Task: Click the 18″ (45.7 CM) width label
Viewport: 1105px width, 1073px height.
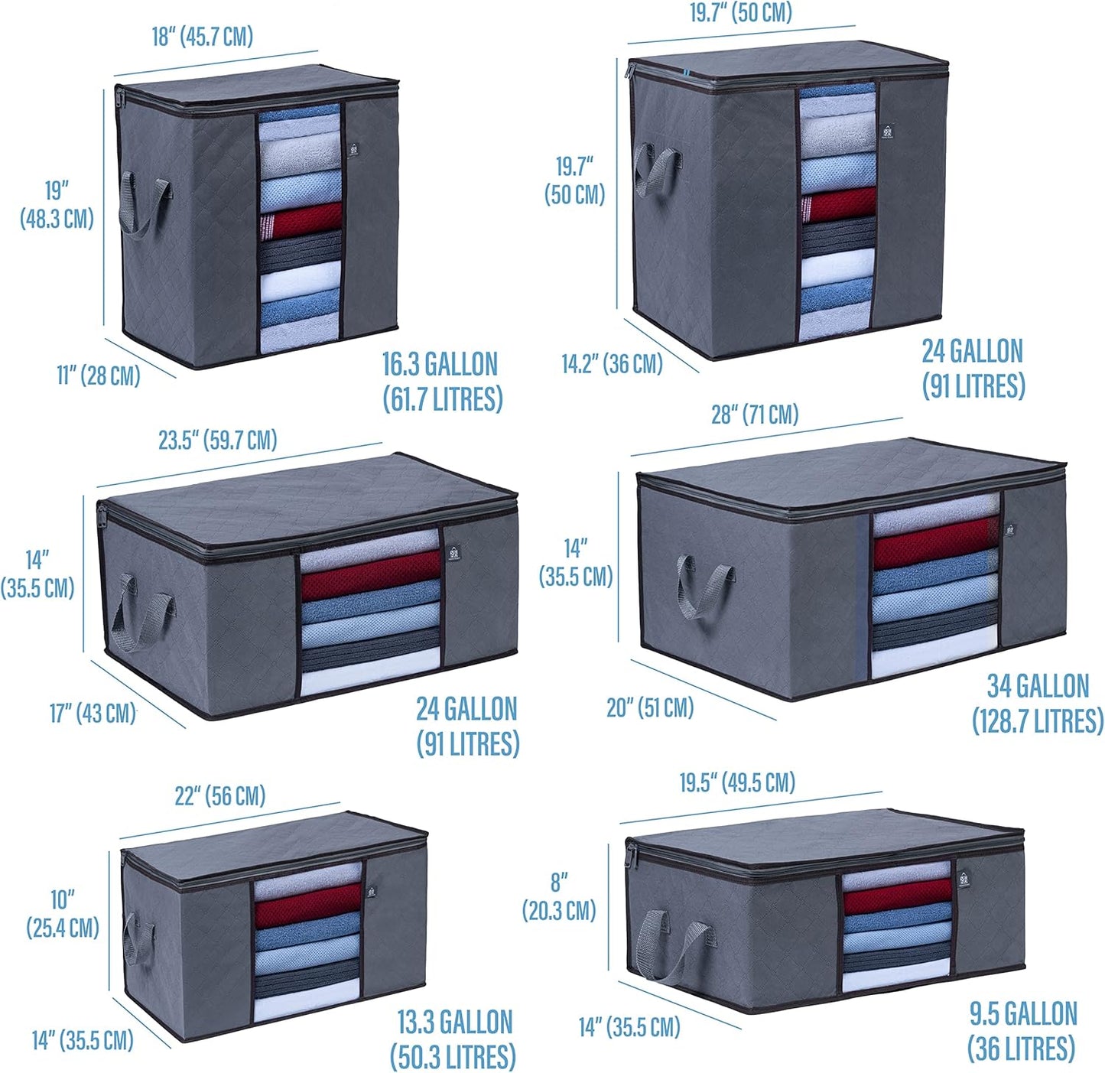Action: [202, 37]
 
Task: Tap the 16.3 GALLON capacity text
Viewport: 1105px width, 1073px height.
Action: [440, 364]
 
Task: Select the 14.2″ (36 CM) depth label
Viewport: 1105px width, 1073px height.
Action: [612, 363]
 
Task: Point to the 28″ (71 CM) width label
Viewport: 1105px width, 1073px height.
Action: [755, 415]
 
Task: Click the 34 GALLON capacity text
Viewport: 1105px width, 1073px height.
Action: [1038, 686]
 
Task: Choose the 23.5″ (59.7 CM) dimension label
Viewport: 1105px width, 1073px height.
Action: [217, 441]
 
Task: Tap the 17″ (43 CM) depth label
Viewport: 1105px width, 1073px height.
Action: [93, 714]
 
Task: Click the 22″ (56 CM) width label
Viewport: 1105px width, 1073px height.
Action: [219, 796]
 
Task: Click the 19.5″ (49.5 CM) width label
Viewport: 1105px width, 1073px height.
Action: [737, 782]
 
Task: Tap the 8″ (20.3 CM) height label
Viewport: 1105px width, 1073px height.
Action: [559, 897]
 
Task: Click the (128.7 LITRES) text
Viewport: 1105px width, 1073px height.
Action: [1038, 721]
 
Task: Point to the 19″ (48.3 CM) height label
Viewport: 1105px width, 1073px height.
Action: [57, 204]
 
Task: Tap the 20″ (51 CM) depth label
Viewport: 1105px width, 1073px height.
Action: [649, 707]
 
